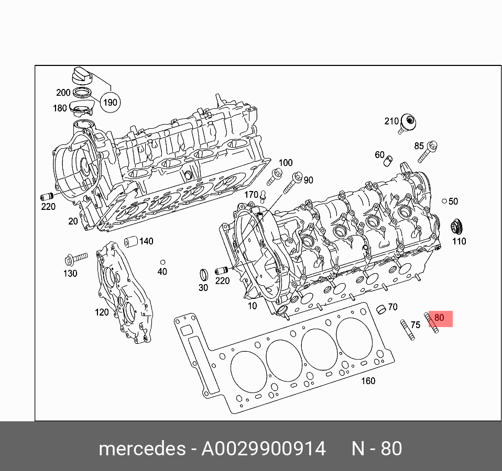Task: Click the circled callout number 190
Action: (110, 102)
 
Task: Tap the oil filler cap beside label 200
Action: (81, 75)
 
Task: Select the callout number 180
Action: (60, 108)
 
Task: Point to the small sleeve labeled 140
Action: (130, 242)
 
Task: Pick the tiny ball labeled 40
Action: (162, 262)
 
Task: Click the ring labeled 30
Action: (203, 274)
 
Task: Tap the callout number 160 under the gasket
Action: (368, 380)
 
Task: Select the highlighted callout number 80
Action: (439, 318)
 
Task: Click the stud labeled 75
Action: (407, 330)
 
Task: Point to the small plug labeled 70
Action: (381, 309)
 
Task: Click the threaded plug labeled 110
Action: (458, 227)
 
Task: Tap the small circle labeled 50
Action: (444, 201)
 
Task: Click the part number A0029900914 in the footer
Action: (264, 448)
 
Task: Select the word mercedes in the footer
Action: (142, 448)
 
